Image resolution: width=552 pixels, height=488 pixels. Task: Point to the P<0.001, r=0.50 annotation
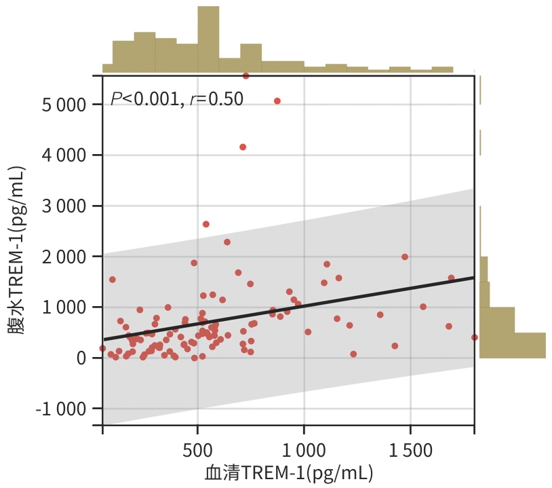(x=176, y=99)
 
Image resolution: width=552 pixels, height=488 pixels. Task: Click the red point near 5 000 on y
(x=277, y=101)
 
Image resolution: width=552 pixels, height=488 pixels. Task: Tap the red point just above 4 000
(x=243, y=147)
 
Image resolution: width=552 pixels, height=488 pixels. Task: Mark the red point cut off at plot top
(x=245, y=76)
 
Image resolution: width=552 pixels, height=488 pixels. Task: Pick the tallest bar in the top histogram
(x=208, y=39)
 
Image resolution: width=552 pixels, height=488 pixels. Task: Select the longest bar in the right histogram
(x=513, y=345)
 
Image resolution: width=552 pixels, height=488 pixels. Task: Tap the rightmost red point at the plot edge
(x=474, y=337)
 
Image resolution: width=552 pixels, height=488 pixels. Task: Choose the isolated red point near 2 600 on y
(x=206, y=224)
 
